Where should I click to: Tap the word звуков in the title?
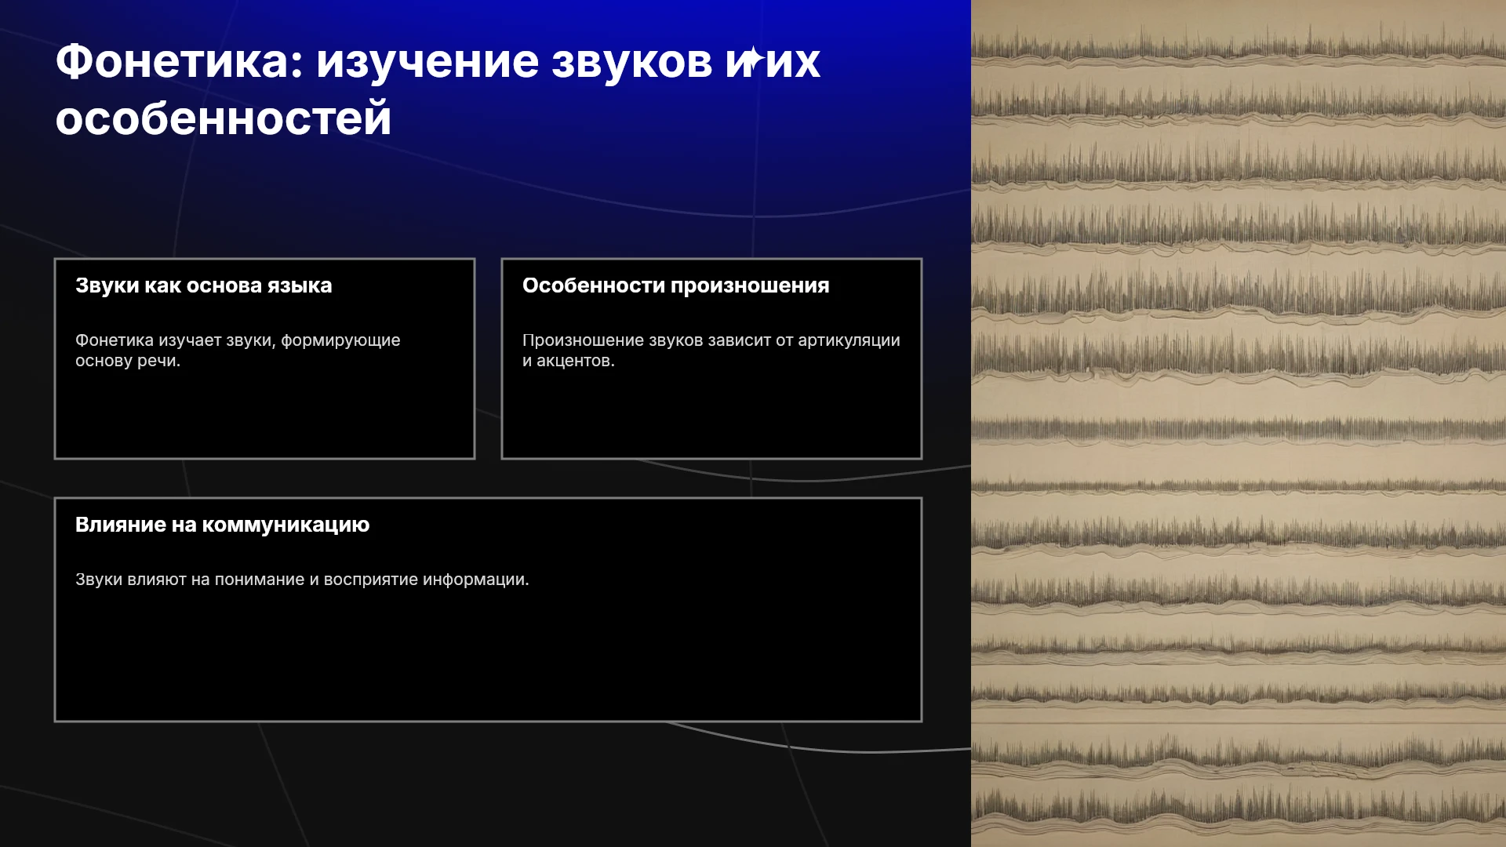(x=631, y=61)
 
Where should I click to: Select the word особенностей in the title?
(x=224, y=118)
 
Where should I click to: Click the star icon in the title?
(x=753, y=59)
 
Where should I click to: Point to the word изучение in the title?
(x=427, y=63)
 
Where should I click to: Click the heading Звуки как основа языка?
(x=204, y=285)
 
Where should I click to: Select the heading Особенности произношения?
(x=676, y=285)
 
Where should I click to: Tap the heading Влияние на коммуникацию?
(x=223, y=525)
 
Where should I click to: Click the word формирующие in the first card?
(x=340, y=341)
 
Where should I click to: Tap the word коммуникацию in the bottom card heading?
(x=286, y=525)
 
